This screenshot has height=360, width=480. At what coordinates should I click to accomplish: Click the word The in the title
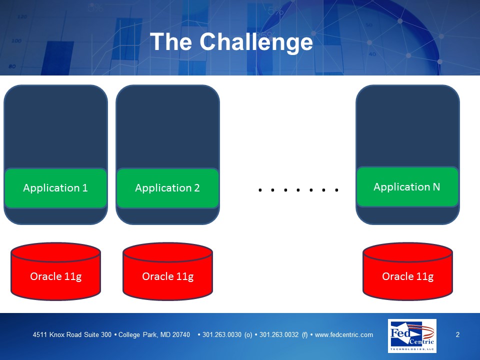click(x=171, y=41)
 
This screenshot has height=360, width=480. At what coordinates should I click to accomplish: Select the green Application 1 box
click(x=55, y=188)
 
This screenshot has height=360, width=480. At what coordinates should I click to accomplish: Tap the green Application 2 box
click(x=168, y=188)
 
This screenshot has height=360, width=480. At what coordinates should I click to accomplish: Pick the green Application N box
click(x=407, y=186)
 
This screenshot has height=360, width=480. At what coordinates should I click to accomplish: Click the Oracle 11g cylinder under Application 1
click(x=55, y=271)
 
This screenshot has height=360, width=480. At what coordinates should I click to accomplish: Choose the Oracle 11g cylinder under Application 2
click(x=168, y=271)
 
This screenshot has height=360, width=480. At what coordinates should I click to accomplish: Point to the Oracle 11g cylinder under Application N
click(x=408, y=271)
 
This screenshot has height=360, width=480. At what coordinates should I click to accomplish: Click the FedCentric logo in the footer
click(x=412, y=336)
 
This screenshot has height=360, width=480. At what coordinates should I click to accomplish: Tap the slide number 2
click(x=457, y=334)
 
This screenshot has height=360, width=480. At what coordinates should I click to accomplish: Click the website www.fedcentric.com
click(x=344, y=334)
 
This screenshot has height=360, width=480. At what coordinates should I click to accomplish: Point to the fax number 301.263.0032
click(x=279, y=334)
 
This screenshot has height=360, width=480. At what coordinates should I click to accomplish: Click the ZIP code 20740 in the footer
click(x=181, y=334)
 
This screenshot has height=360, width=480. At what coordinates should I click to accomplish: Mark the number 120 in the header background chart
click(x=22, y=16)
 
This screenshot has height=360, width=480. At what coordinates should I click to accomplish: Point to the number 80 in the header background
click(x=12, y=66)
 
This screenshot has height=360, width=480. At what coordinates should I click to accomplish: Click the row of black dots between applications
click(x=298, y=190)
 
